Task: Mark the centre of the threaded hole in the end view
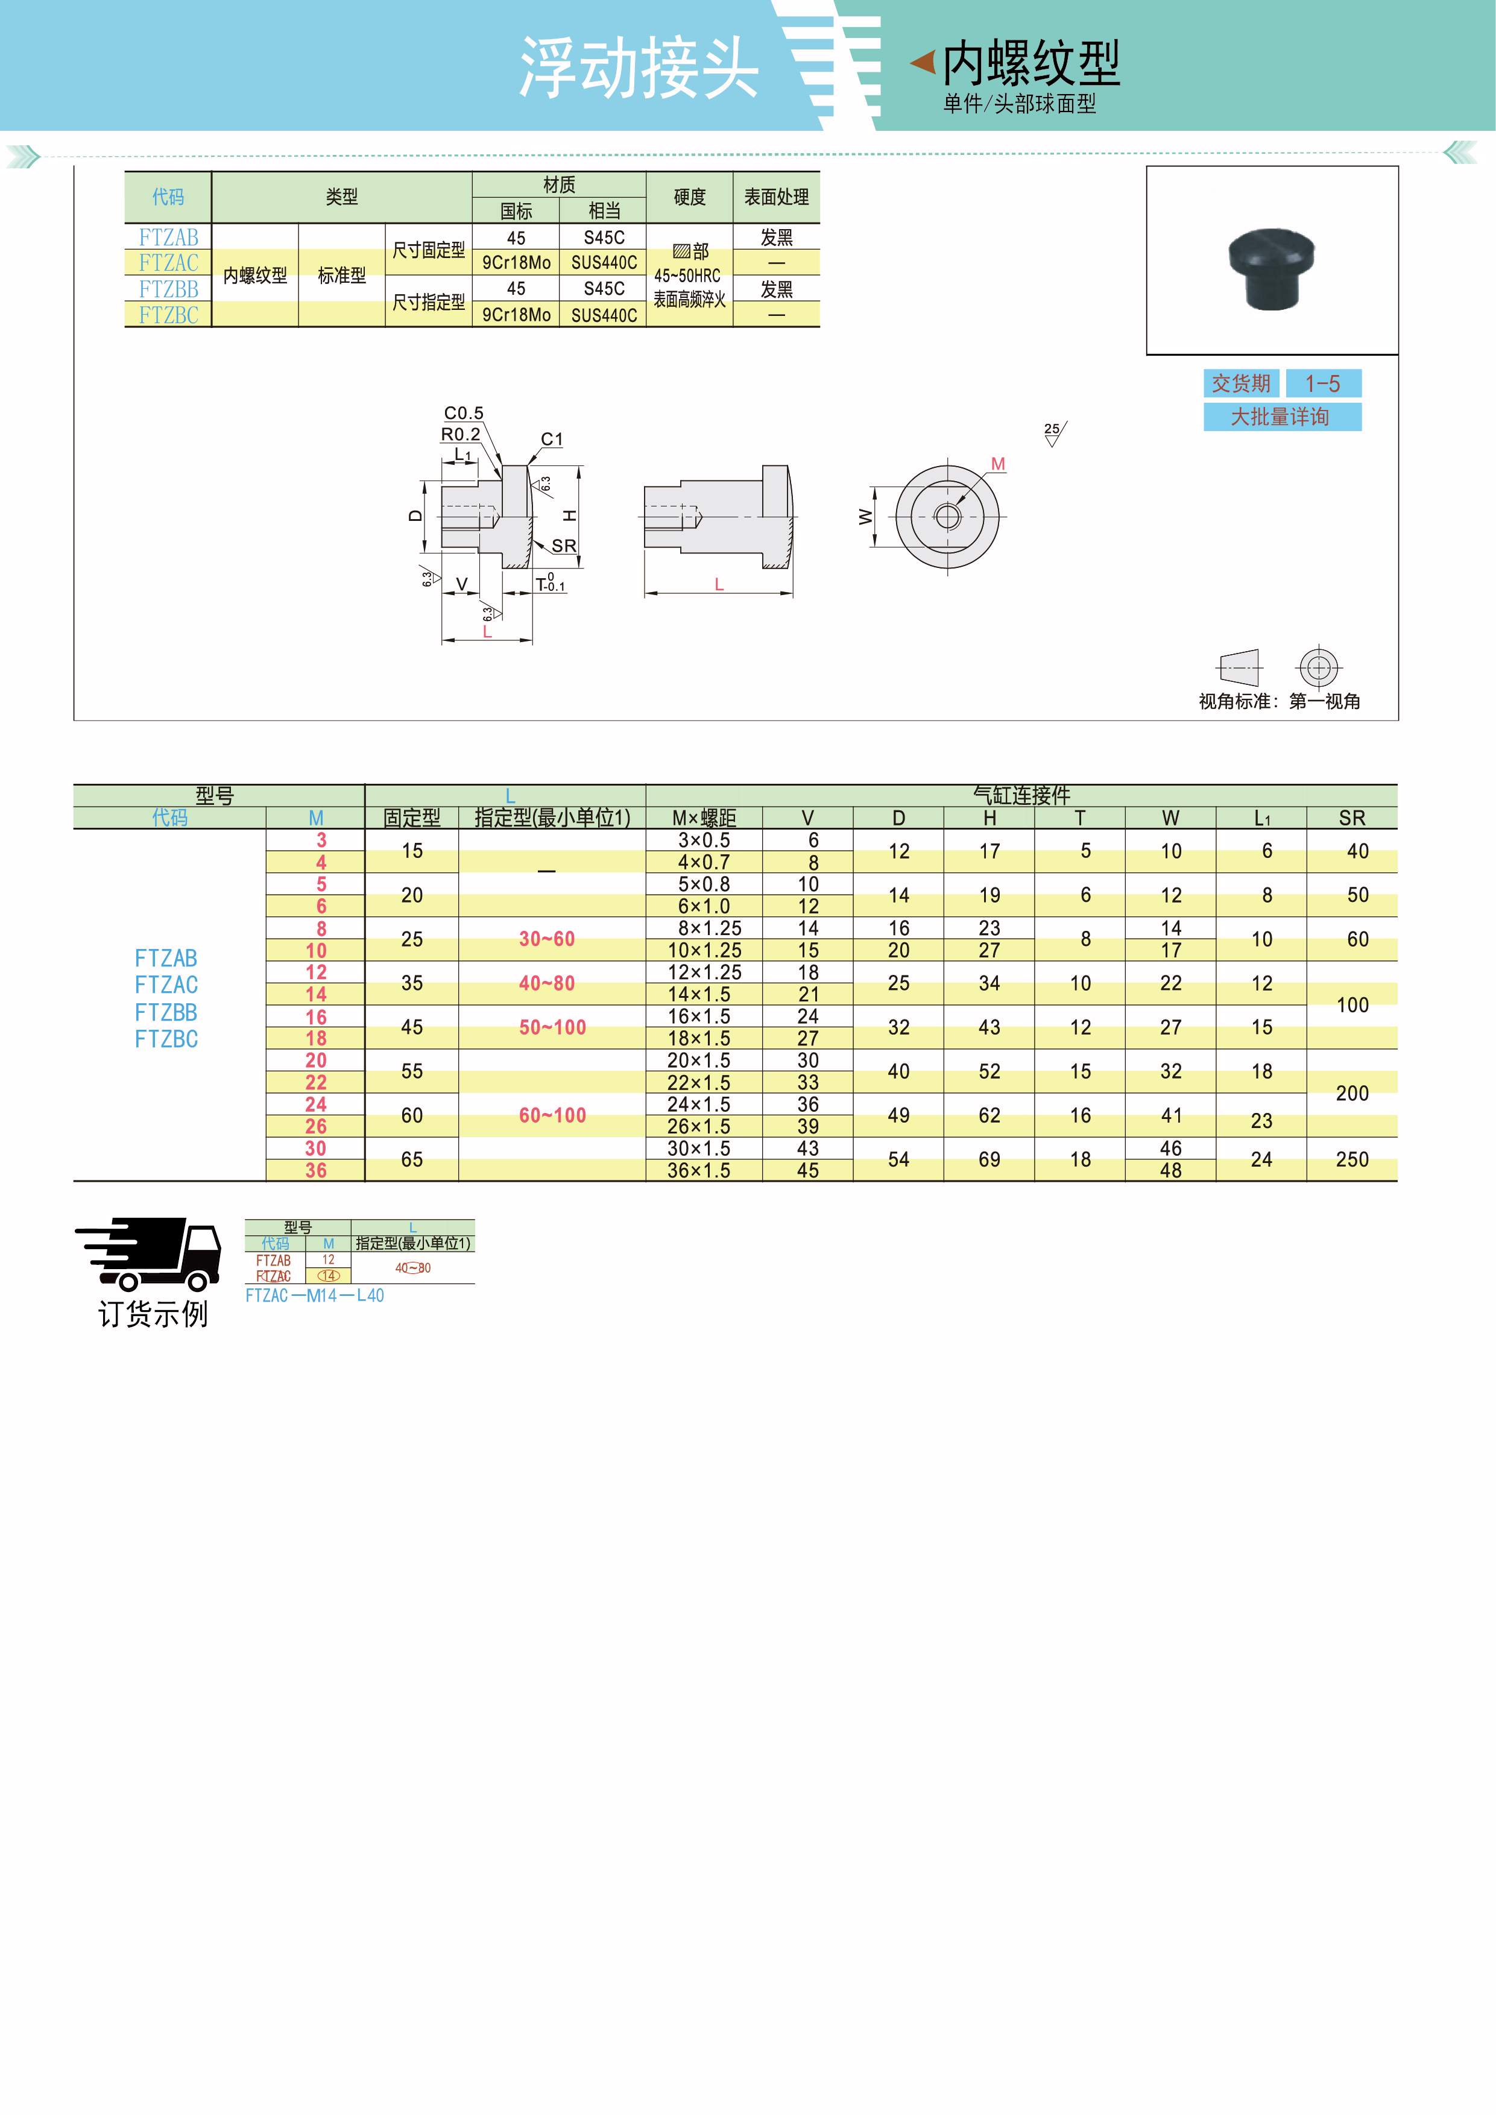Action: click(947, 516)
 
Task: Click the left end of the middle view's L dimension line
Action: click(645, 592)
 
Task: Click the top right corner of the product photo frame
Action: click(1398, 167)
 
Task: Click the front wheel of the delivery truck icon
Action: click(197, 1281)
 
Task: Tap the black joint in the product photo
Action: click(1271, 268)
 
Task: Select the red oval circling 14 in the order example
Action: click(329, 1276)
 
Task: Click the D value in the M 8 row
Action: click(899, 928)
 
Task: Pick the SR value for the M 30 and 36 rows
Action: click(1352, 1159)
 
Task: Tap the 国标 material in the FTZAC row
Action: click(516, 262)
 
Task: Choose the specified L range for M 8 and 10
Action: click(547, 939)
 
